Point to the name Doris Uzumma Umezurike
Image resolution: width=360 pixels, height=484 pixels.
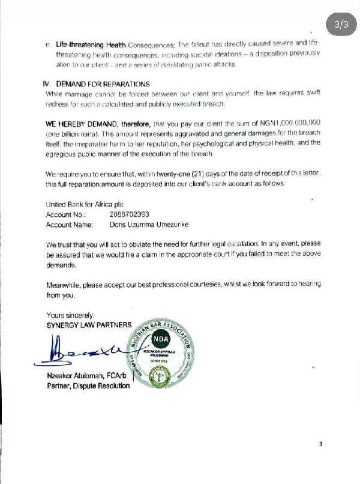[149, 225]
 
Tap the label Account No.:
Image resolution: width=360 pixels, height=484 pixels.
[67, 214]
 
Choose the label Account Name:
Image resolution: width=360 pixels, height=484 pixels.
[70, 225]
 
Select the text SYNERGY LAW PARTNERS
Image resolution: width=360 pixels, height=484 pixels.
[89, 325]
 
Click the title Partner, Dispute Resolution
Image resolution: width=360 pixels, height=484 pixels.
[88, 386]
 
